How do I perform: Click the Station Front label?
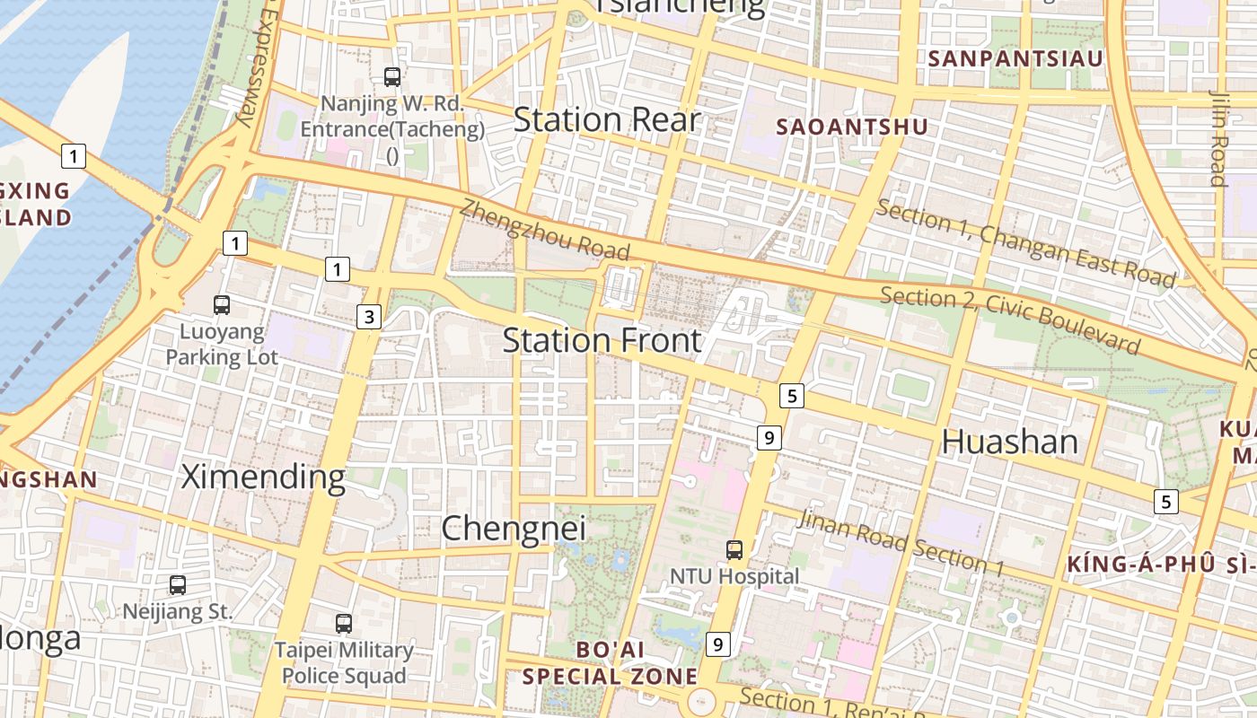pos(602,341)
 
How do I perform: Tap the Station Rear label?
pos(606,119)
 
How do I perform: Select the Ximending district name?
pos(263,477)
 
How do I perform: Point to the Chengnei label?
pos(514,528)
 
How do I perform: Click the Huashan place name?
pos(1009,442)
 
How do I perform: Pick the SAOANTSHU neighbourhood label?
pos(851,127)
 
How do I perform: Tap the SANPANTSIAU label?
pos(1015,59)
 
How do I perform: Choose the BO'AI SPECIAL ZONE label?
pos(610,662)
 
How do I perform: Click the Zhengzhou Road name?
pos(545,230)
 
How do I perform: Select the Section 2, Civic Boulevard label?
pos(1010,320)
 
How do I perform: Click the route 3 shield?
pos(369,316)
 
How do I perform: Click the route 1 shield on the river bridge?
pos(74,156)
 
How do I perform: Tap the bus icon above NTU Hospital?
pos(734,549)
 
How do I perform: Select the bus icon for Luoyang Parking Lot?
pos(222,304)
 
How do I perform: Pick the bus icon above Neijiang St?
pos(178,585)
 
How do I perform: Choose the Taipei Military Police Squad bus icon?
pos(344,623)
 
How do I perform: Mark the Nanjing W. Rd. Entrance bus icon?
pos(392,77)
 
